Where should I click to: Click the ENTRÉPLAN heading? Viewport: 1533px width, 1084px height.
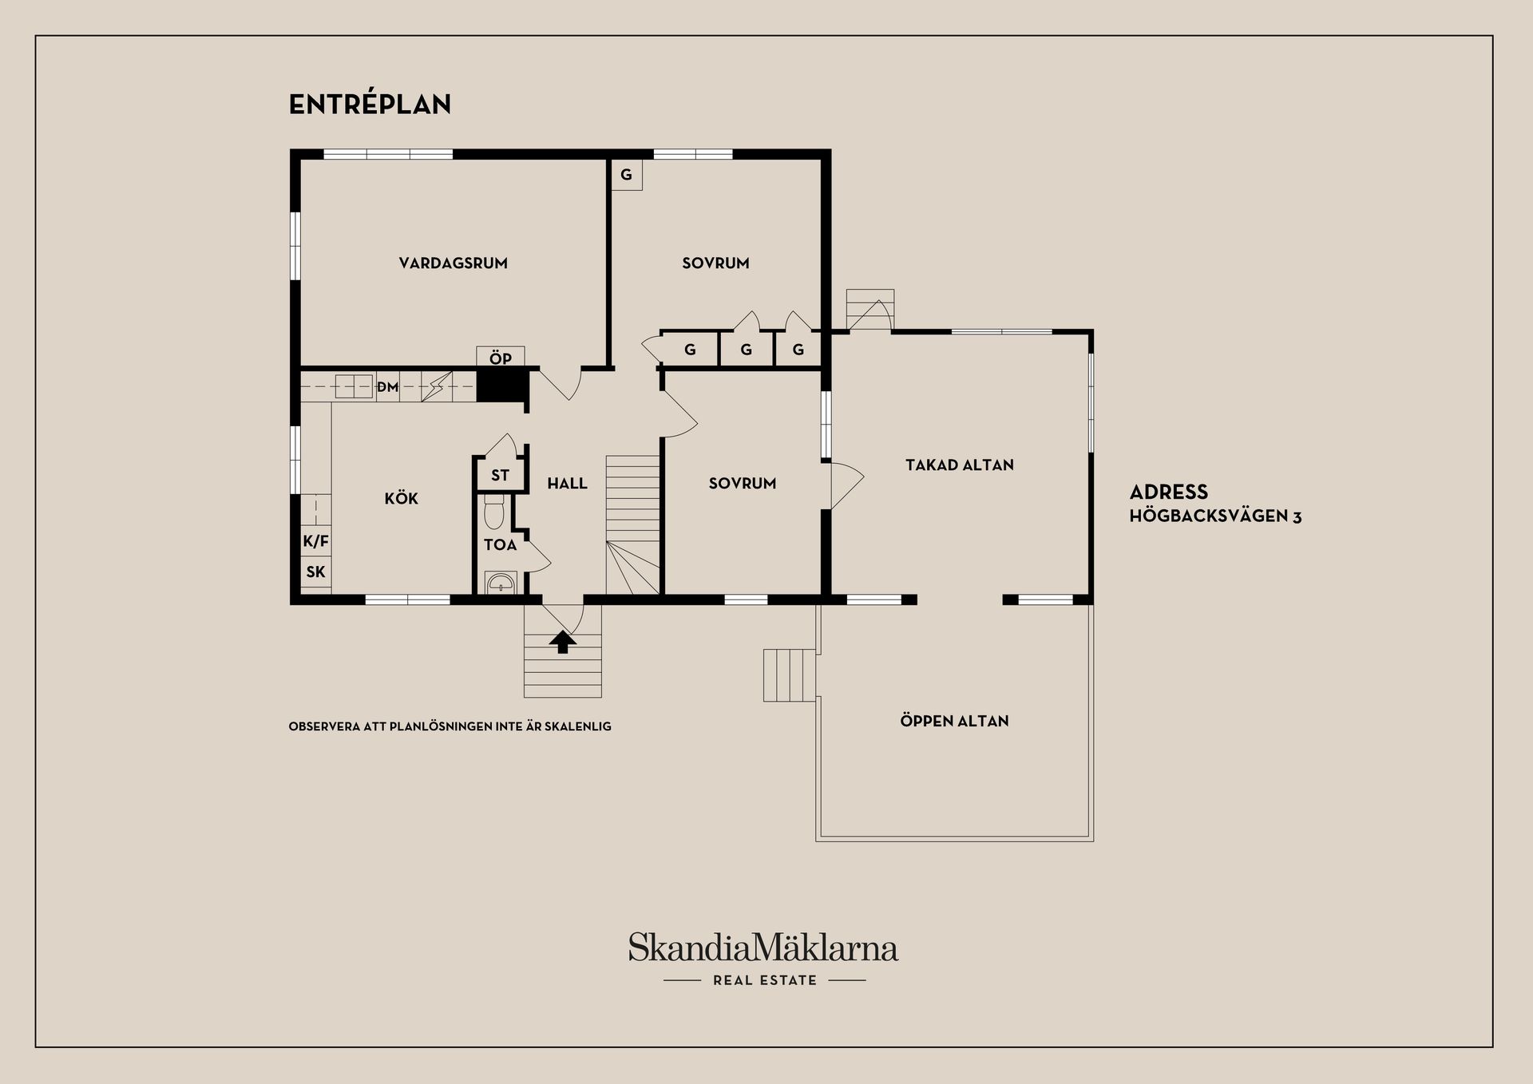tap(370, 105)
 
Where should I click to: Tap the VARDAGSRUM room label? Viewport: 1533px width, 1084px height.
tap(453, 263)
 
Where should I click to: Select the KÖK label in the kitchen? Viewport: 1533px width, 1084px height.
tap(401, 498)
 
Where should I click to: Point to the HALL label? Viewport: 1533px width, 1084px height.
tap(567, 483)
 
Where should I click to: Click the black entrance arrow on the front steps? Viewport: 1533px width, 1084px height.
tap(563, 642)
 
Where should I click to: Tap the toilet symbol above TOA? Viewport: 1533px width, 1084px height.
tap(494, 512)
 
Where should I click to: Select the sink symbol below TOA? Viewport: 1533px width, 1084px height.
tap(501, 583)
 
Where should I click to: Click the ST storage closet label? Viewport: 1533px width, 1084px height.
tap(500, 476)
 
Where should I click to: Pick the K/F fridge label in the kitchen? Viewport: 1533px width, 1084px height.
tap(315, 541)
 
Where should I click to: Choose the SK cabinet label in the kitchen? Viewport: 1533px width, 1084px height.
tap(315, 572)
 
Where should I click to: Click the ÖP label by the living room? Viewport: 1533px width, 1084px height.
tap(501, 358)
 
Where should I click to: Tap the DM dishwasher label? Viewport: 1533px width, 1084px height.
tap(387, 387)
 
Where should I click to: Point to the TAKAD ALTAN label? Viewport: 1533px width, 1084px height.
tap(959, 465)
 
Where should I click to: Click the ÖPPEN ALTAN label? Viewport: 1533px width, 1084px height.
tap(954, 721)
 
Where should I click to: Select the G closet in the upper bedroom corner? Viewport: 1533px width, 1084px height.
tap(627, 175)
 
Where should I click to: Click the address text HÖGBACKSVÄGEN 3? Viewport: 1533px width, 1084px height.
tap(1215, 516)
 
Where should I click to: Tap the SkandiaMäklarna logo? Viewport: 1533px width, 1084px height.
tap(763, 948)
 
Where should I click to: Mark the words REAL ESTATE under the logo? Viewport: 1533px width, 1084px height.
tap(765, 980)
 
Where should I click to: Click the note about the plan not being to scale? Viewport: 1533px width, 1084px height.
tap(450, 726)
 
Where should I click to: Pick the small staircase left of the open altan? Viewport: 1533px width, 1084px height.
tap(790, 675)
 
